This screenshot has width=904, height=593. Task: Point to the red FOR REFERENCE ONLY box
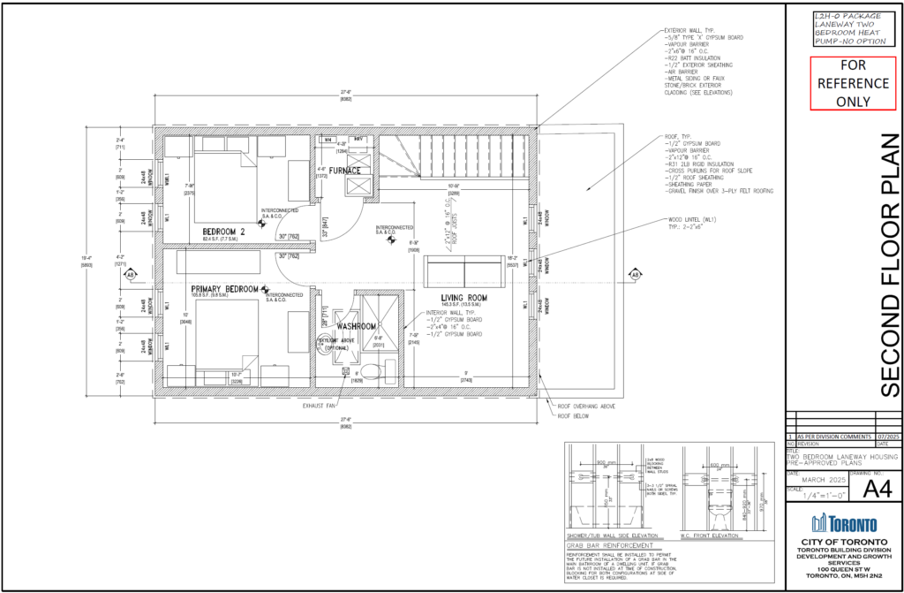pyautogui.click(x=841, y=82)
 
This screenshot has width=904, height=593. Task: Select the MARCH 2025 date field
pyautogui.click(x=817, y=480)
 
